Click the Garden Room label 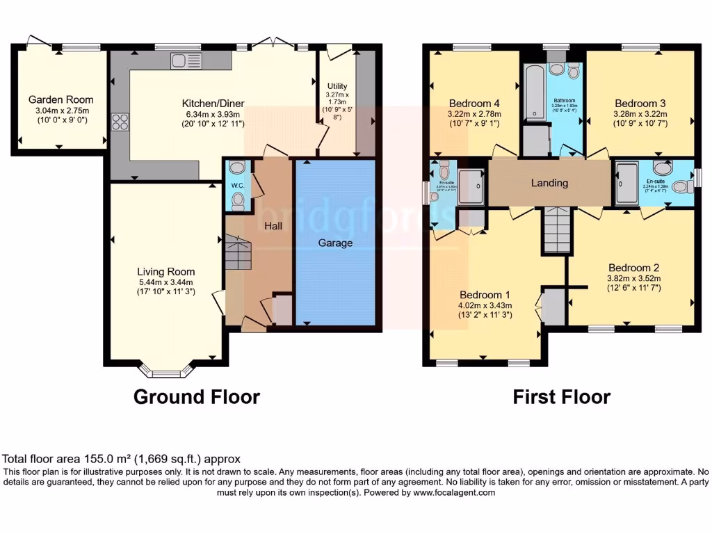(60, 99)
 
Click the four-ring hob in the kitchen (119, 122)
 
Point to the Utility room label (337, 85)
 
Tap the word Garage (335, 243)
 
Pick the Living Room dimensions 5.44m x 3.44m (165, 282)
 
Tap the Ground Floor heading (196, 397)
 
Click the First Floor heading (561, 397)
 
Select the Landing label (549, 183)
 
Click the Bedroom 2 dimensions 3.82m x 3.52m (633, 278)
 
